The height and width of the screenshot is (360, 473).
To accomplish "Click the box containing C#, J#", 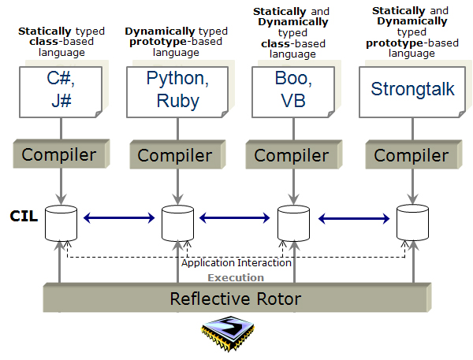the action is coord(61,92).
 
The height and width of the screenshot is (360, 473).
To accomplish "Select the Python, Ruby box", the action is coord(177,92).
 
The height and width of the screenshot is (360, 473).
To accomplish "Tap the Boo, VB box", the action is coord(293,92).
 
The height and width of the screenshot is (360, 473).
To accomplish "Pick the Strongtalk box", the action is coord(412,92).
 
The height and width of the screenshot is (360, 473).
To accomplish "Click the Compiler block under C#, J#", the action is coord(61,154).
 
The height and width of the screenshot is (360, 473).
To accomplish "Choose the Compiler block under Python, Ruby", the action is coord(177,154).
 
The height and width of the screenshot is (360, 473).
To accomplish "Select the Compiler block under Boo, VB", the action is coord(294,154).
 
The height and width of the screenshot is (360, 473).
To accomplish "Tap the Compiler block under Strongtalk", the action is coord(414,154).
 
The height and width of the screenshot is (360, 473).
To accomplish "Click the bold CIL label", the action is coord(24,216).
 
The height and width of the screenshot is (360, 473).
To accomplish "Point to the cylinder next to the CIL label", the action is coord(61,223).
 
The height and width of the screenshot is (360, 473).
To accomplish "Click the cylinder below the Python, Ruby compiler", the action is coord(177,223).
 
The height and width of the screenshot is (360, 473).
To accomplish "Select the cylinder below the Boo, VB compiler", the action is coord(293,223).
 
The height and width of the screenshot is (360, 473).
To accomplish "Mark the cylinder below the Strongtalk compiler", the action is coord(412,222).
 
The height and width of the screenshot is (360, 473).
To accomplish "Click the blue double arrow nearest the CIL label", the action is coord(119,217).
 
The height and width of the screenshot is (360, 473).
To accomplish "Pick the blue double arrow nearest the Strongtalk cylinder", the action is coord(354,218).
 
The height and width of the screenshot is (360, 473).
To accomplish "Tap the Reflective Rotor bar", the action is coord(237,298).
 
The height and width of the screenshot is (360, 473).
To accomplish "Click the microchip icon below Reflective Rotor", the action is coord(228,333).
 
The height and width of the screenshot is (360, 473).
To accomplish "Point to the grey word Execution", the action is coord(236,278).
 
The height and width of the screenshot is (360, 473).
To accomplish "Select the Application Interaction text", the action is coord(236,263).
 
